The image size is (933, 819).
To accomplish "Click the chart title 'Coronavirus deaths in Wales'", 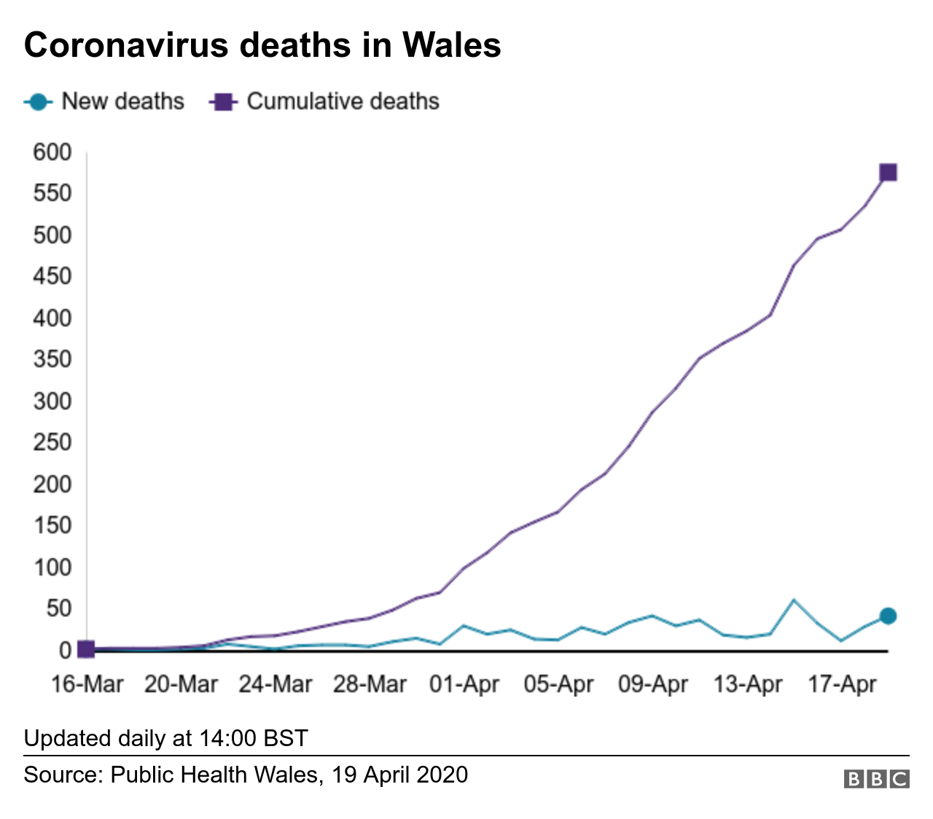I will point(262,45).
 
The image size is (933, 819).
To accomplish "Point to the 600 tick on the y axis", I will point(52,152).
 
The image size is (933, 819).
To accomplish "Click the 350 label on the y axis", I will point(52,359).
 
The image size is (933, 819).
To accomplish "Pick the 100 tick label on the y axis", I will point(52,567).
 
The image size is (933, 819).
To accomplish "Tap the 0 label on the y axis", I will point(64,650).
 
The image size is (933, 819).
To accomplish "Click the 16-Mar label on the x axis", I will point(87,685).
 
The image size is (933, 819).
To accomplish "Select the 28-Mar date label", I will point(370,685).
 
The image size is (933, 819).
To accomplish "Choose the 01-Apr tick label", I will point(464,685).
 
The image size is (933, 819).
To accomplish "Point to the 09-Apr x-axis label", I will point(653,685).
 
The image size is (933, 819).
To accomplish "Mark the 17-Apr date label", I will point(842,685).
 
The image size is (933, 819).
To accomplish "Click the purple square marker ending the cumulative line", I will point(888,173).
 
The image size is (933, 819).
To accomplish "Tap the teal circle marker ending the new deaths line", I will point(888,616).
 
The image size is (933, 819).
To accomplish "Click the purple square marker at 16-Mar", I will point(86,648).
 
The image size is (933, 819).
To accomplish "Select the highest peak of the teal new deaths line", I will point(794,600).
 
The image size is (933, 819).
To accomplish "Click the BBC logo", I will point(877,779).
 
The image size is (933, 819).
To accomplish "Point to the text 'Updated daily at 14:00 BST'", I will point(166,738).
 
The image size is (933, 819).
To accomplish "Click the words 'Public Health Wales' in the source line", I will point(215,774).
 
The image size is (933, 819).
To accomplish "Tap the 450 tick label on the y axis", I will point(52,277).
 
